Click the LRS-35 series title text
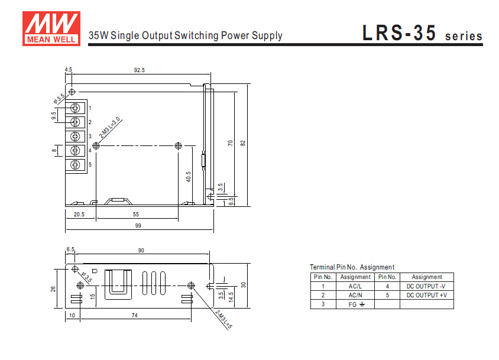coord(422,34)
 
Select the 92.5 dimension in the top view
coord(139,70)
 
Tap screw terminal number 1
coord(75,108)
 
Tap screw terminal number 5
coord(75,165)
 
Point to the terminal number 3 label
coord(90,137)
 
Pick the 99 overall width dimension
coord(138,226)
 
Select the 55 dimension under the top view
coord(136,214)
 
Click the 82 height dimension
coord(242,142)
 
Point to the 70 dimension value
coord(231,142)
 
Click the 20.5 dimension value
coord(79,214)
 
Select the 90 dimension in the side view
coord(141,251)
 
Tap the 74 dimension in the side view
coord(135,316)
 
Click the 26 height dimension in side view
coord(53,288)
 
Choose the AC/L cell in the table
coord(355,286)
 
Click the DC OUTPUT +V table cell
coord(426,294)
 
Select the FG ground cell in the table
coord(355,304)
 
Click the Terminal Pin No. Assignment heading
coord(352,267)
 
